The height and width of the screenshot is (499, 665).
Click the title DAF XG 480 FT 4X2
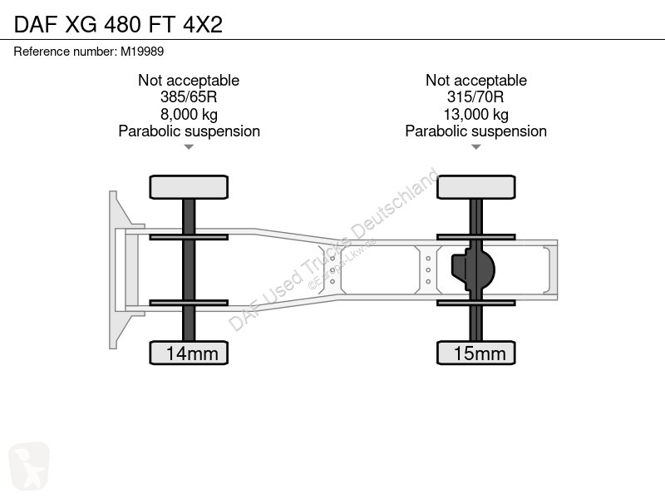pyautogui.click(x=118, y=24)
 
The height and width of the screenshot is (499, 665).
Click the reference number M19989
pyautogui.click(x=142, y=52)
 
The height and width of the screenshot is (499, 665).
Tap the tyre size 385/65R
pyautogui.click(x=189, y=97)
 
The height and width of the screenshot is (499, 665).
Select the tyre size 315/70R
pyautogui.click(x=475, y=97)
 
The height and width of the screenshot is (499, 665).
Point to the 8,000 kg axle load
pyautogui.click(x=189, y=114)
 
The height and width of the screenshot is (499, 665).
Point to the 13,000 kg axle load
pyautogui.click(x=475, y=114)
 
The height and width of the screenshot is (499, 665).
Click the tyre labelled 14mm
pyautogui.click(x=189, y=353)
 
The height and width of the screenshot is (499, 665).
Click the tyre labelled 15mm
pyautogui.click(x=476, y=353)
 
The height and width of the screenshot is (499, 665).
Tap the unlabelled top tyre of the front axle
pyautogui.click(x=189, y=187)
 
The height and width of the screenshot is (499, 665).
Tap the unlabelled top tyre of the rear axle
pyautogui.click(x=476, y=187)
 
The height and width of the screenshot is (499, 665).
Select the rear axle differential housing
pyautogui.click(x=473, y=269)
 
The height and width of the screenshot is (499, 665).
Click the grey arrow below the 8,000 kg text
pyautogui.click(x=189, y=147)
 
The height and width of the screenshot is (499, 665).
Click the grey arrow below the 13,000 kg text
pyautogui.click(x=475, y=147)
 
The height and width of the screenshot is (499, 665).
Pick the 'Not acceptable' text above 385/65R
pyautogui.click(x=189, y=80)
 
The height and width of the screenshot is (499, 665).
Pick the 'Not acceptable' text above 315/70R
pyautogui.click(x=476, y=80)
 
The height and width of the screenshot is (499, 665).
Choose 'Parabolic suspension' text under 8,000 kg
pyautogui.click(x=190, y=131)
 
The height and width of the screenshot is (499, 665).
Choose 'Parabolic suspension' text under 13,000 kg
pyautogui.click(x=475, y=131)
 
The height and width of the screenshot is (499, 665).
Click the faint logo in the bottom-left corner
pyautogui.click(x=29, y=466)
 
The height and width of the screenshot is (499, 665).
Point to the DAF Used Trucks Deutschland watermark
pyautogui.click(x=333, y=249)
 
